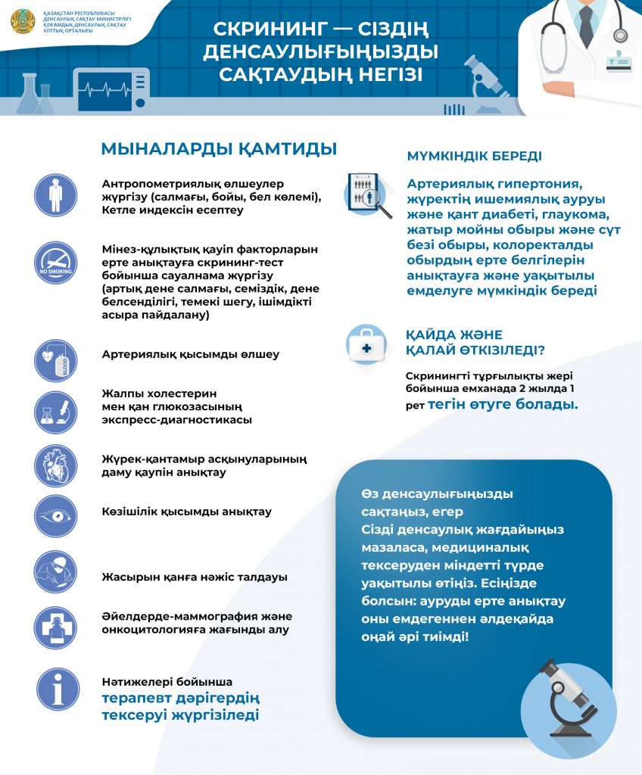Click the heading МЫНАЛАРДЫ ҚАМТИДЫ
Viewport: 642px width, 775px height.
[x=219, y=148]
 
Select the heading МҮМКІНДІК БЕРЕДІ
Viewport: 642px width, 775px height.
[x=474, y=157]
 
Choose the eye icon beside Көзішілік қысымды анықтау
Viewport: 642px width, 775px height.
[x=55, y=516]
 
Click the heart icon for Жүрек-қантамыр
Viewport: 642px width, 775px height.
[x=55, y=465]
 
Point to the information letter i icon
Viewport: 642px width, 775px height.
[x=58, y=689]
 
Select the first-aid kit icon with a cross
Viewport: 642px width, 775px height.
[x=367, y=347]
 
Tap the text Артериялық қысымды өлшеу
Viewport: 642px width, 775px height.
[x=191, y=354]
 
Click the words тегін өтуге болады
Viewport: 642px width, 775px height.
[x=503, y=404]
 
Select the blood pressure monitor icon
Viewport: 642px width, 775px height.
[x=55, y=360]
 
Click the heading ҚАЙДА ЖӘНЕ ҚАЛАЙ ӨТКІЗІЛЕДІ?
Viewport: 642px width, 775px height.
[x=475, y=341]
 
